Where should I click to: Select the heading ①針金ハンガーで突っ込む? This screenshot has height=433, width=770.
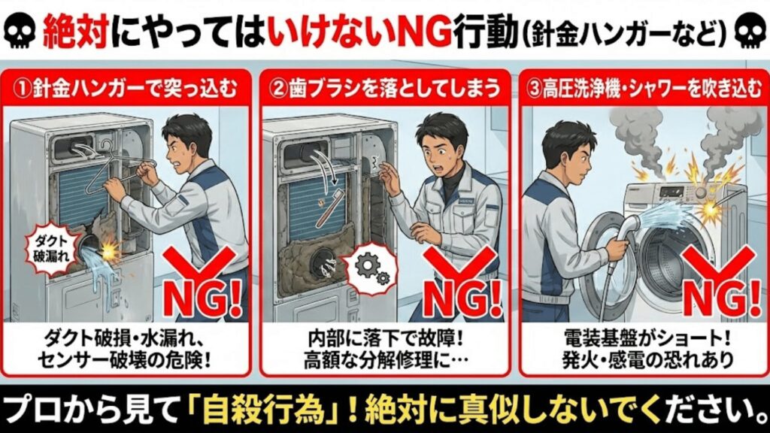coord(126,89)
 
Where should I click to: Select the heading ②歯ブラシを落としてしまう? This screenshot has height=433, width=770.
coord(384,89)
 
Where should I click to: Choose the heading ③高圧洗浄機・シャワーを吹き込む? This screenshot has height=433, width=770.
coord(644,89)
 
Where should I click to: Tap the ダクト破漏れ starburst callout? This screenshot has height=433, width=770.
coord(51,248)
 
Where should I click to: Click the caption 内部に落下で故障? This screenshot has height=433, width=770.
coord(385,339)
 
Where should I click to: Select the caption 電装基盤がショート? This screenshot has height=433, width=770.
coord(647,339)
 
